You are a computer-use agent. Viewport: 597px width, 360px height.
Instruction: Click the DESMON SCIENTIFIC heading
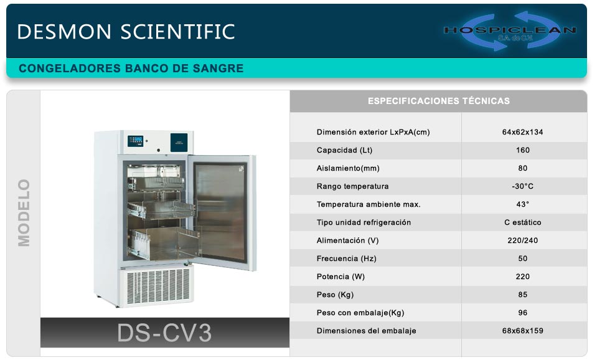(x=126, y=31)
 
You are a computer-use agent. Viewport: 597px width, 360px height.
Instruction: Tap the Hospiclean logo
(x=510, y=31)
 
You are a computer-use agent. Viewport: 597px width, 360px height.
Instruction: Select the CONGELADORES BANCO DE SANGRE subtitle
(x=131, y=68)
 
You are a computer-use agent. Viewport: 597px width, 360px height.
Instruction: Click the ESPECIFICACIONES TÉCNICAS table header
(x=439, y=101)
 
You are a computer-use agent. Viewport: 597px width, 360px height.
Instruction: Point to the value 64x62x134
(x=522, y=132)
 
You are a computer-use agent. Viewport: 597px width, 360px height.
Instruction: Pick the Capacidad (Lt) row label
(x=344, y=150)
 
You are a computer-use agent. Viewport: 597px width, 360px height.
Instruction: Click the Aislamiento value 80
(x=522, y=168)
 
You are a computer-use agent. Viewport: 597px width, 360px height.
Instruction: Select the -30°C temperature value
(x=522, y=186)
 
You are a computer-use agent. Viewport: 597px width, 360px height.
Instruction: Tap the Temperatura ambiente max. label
(x=368, y=204)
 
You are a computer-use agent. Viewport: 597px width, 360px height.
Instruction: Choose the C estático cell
(x=522, y=222)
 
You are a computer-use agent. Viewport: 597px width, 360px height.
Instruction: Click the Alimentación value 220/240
(x=522, y=240)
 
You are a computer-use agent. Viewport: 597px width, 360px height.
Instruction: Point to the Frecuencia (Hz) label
(x=346, y=258)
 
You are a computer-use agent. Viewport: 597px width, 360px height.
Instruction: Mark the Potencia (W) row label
(x=341, y=277)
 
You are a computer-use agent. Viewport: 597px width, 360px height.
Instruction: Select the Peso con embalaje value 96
(x=522, y=313)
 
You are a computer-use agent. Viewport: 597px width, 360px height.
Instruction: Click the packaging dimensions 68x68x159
(x=522, y=331)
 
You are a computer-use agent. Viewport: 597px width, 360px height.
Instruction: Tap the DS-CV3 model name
(x=164, y=333)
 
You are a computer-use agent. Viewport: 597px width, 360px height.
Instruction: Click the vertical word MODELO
(x=24, y=213)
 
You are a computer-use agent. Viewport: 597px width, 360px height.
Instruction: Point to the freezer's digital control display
(x=135, y=141)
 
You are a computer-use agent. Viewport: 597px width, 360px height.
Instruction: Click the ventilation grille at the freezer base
(x=158, y=286)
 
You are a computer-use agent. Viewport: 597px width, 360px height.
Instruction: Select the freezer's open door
(x=222, y=212)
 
